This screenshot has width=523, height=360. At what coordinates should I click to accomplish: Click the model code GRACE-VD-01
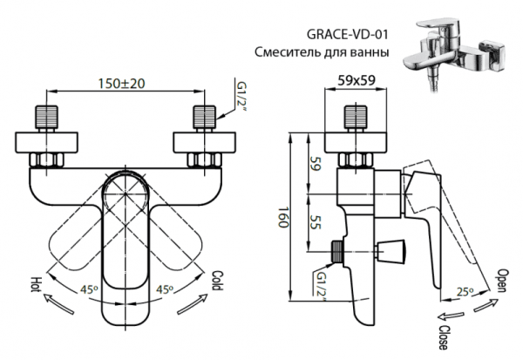tap(347, 35)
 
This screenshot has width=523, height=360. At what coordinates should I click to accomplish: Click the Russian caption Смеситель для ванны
tap(321, 52)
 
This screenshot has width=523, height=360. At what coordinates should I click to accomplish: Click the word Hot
tap(37, 284)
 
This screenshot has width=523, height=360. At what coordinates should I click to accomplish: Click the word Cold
tap(219, 281)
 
